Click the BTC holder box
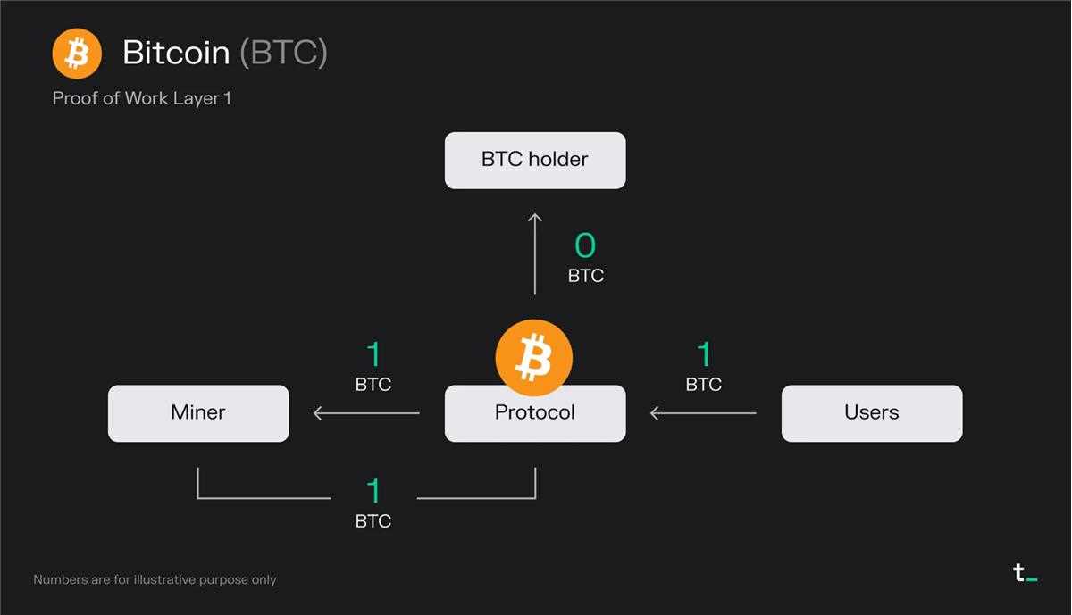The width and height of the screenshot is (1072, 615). click(535, 161)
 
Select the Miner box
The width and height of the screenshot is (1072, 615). click(198, 413)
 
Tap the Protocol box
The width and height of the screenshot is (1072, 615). click(535, 413)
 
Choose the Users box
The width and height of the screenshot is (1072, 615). click(872, 413)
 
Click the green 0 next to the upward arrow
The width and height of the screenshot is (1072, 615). click(585, 245)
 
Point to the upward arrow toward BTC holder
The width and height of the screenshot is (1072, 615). click(534, 253)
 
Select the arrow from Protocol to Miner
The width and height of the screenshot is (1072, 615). click(366, 413)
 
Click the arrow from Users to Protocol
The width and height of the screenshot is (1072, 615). click(703, 413)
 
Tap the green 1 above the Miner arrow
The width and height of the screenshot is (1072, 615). click(373, 354)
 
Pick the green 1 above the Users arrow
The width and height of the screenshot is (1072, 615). click(705, 354)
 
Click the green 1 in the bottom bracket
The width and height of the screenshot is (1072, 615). click(373, 491)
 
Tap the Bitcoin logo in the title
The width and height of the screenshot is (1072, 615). click(77, 53)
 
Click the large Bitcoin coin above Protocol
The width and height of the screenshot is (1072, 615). click(534, 358)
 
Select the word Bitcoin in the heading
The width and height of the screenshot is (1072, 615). click(176, 52)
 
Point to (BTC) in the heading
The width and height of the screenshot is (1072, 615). click(283, 53)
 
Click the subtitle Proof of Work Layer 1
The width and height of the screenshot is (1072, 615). click(142, 98)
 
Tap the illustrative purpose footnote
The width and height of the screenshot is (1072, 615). click(155, 579)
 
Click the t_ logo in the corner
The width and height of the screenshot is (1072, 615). click(1026, 573)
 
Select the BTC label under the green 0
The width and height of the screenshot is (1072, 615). click(586, 276)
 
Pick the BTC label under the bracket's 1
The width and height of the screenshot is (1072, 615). click(373, 520)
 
